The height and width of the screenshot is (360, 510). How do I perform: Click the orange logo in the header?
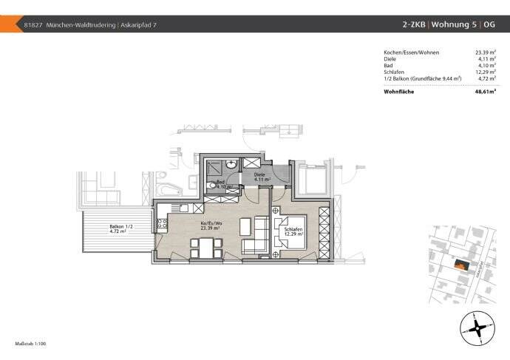point(8,24)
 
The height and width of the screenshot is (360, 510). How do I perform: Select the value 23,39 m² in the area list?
point(487,52)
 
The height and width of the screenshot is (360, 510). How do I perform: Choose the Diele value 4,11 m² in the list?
point(489,59)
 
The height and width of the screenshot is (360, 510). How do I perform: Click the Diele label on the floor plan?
point(261,174)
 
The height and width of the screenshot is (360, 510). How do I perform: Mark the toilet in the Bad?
point(214,186)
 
